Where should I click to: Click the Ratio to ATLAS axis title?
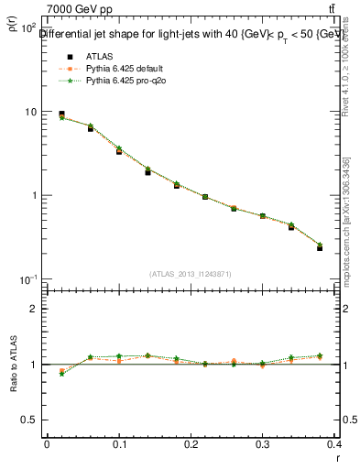(14, 365)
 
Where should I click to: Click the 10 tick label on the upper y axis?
(28, 112)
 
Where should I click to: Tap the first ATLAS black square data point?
(61, 115)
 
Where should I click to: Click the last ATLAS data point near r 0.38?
(320, 247)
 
